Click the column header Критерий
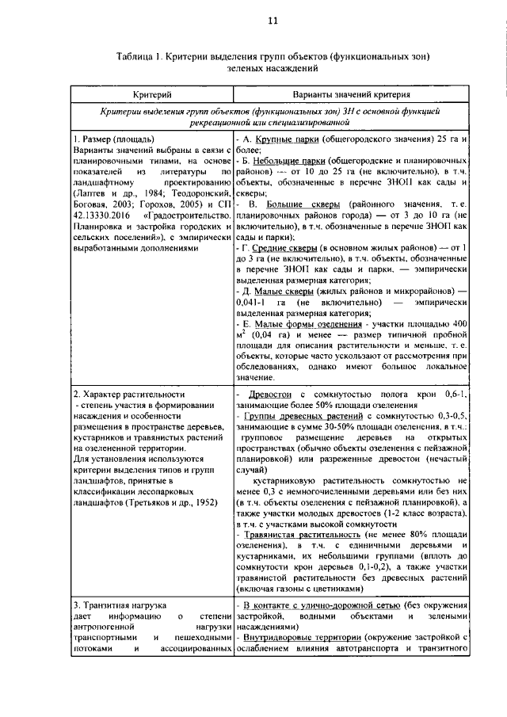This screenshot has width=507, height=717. (151, 94)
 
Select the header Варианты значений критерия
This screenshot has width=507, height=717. (353, 94)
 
